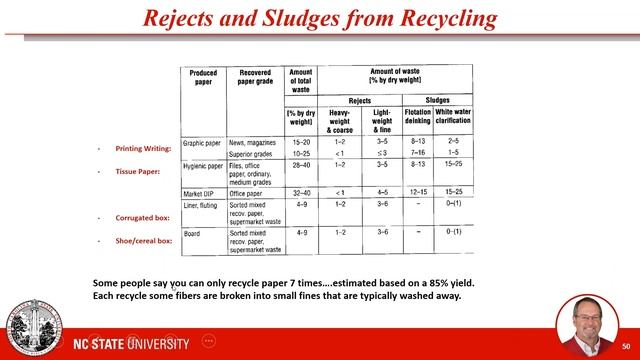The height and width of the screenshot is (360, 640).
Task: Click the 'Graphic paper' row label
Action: pyautogui.click(x=202, y=143)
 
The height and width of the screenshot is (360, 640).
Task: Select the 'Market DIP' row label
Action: pyautogui.click(x=199, y=192)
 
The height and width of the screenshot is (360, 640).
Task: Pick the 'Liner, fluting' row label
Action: pyautogui.click(x=203, y=204)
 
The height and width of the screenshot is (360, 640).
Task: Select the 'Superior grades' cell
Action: pyautogui.click(x=251, y=154)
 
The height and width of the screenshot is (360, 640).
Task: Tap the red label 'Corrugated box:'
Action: pyautogui.click(x=141, y=217)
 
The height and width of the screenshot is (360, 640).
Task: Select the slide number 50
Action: pyautogui.click(x=625, y=344)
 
